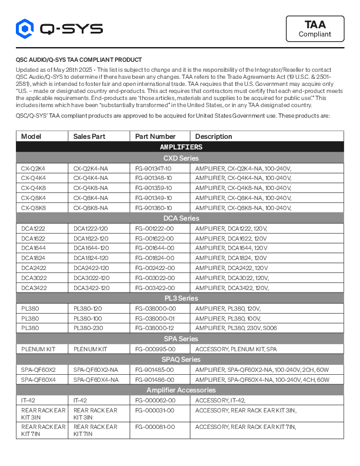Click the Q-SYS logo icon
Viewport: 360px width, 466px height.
point(25,28)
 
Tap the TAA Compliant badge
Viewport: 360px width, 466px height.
point(315,29)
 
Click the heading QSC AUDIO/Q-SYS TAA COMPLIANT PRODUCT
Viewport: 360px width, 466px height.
point(78,60)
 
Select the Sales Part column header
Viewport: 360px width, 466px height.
point(89,137)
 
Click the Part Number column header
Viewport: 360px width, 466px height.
point(155,137)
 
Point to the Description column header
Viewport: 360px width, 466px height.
point(214,137)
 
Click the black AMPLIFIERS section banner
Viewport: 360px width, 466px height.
point(180,147)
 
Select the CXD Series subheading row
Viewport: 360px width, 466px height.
point(180,158)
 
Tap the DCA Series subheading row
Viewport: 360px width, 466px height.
point(180,218)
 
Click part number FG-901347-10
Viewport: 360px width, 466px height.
point(154,168)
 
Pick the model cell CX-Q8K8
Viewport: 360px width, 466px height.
point(34,208)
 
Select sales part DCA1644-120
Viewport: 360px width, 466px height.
point(91,248)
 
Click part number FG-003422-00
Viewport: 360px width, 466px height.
point(154,288)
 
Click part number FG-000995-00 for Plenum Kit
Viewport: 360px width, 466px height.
point(155,349)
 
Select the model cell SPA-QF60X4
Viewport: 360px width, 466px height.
point(39,380)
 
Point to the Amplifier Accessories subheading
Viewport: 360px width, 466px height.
point(180,390)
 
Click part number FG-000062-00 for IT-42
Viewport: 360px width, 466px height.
point(155,400)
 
